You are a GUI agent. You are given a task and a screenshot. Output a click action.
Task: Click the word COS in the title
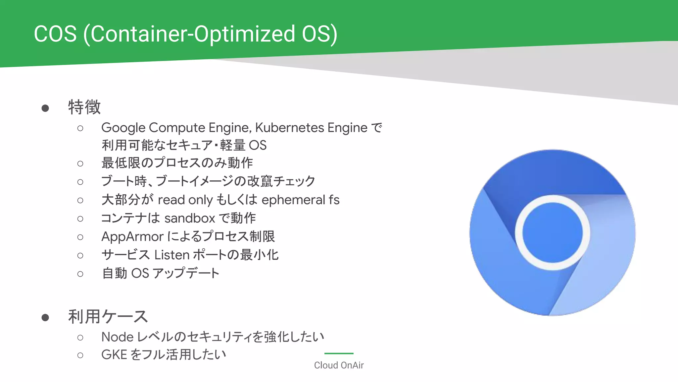click(x=55, y=34)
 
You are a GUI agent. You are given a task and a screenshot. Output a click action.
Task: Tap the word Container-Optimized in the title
click(x=192, y=34)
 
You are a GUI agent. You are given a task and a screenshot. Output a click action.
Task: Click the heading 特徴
click(x=84, y=107)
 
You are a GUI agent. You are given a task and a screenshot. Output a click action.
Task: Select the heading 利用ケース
click(x=108, y=316)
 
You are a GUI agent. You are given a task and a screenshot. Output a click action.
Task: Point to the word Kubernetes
click(x=290, y=128)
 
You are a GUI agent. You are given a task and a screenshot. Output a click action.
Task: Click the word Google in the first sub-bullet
click(x=123, y=128)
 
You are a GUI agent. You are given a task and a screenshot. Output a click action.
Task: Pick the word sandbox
click(x=190, y=218)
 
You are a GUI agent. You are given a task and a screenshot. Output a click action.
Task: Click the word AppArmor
click(x=132, y=237)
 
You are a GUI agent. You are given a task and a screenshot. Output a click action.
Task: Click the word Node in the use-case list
click(x=117, y=337)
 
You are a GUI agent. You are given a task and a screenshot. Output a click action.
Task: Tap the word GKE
click(x=114, y=355)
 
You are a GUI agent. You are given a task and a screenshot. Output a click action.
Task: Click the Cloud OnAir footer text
click(x=339, y=365)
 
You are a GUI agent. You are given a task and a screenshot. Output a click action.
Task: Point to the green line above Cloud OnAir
click(x=339, y=353)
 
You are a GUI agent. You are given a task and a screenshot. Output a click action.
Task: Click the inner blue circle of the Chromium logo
click(x=552, y=233)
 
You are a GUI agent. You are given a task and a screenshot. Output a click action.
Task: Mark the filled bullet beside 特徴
click(x=45, y=108)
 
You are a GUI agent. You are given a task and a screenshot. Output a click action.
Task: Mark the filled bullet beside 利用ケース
click(x=45, y=318)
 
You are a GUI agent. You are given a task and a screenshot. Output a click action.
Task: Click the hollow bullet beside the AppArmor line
click(x=80, y=237)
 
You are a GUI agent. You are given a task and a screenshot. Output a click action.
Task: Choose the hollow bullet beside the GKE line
click(x=80, y=355)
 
